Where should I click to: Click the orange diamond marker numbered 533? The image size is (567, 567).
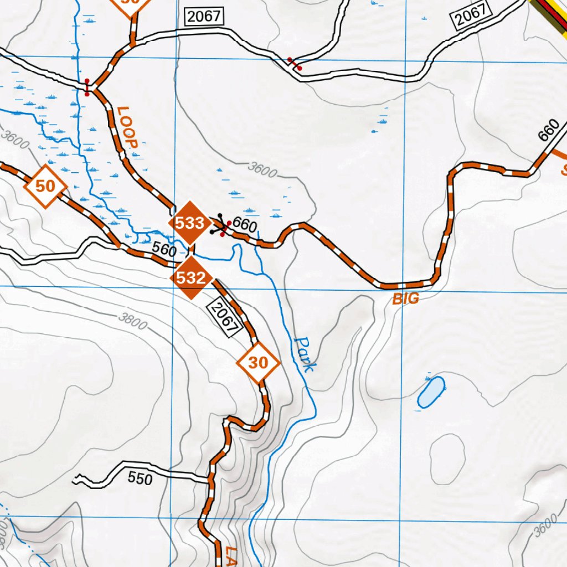[190, 224]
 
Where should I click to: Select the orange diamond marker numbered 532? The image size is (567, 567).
[192, 278]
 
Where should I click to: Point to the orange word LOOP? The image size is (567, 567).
[127, 127]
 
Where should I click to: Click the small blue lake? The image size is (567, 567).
[431, 393]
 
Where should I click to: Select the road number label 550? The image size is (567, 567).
[140, 478]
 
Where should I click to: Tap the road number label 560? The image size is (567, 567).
[165, 250]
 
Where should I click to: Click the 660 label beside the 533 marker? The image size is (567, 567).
[245, 225]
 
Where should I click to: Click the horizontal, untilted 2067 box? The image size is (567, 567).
[204, 17]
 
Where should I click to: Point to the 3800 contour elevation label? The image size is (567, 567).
[132, 321]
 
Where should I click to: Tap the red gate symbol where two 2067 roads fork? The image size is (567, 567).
[294, 64]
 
